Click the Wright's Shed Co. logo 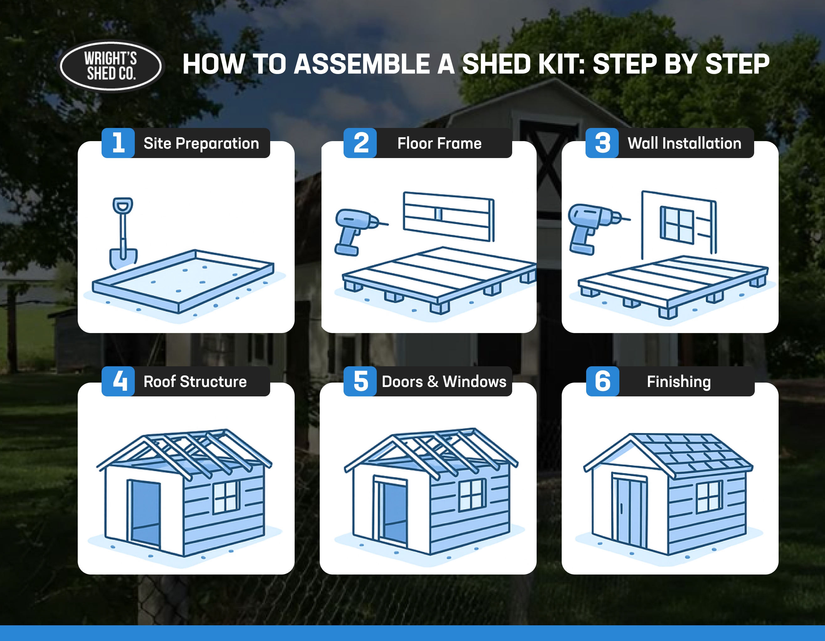(x=111, y=66)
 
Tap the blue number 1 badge (x=118, y=143)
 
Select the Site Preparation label (x=201, y=144)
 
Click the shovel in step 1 (x=123, y=234)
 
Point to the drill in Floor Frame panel (x=355, y=230)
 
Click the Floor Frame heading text (x=439, y=144)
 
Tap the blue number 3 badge (x=602, y=143)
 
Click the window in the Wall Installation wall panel (x=677, y=225)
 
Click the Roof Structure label (x=195, y=382)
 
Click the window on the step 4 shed (x=226, y=497)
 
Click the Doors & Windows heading (x=444, y=382)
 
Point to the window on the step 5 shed (x=472, y=494)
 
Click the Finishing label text (x=678, y=382)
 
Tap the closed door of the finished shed (x=629, y=510)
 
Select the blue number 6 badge (x=602, y=381)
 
